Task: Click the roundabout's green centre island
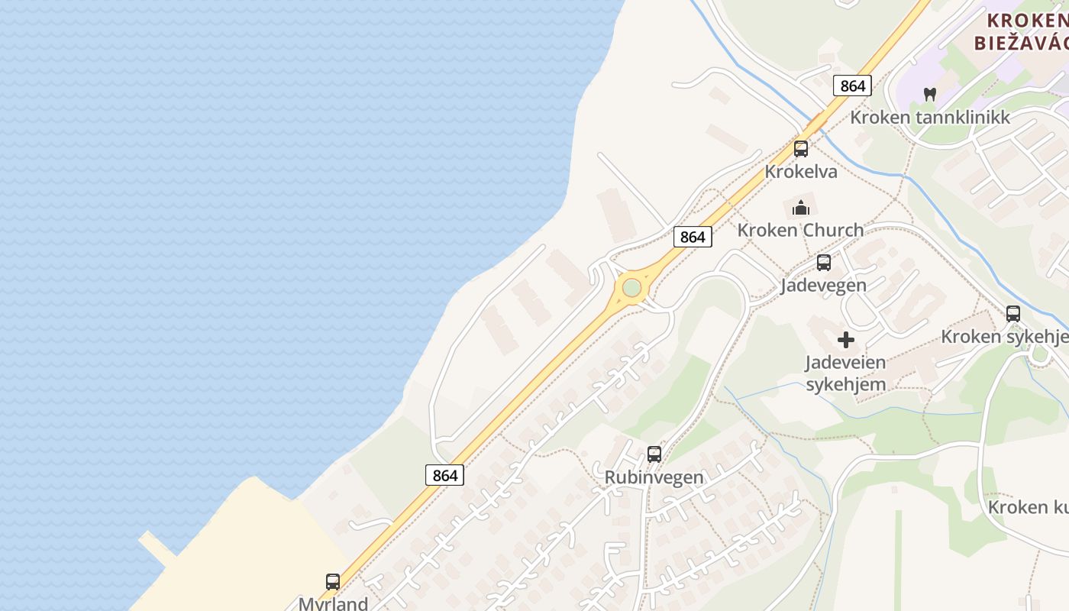pyautogui.click(x=631, y=288)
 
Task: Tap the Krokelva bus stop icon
pyautogui.click(x=800, y=149)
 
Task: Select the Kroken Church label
pyautogui.click(x=800, y=230)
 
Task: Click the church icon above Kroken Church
pyautogui.click(x=800, y=208)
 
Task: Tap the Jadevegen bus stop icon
pyautogui.click(x=824, y=263)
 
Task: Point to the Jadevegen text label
pyautogui.click(x=823, y=286)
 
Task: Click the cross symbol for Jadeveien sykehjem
pyautogui.click(x=846, y=340)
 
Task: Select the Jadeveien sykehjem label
pyautogui.click(x=846, y=373)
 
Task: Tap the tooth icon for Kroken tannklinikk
pyautogui.click(x=929, y=95)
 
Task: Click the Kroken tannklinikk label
pyautogui.click(x=930, y=118)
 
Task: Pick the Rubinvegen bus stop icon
pyautogui.click(x=654, y=454)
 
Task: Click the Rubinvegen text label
pyautogui.click(x=654, y=477)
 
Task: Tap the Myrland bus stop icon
pyautogui.click(x=333, y=582)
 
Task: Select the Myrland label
pyautogui.click(x=334, y=603)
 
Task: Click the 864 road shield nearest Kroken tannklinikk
pyautogui.click(x=852, y=86)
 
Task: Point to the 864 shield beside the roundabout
pyautogui.click(x=693, y=237)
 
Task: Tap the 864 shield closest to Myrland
pyautogui.click(x=444, y=475)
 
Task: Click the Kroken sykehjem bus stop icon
pyautogui.click(x=1013, y=314)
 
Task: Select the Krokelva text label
pyautogui.click(x=801, y=172)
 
